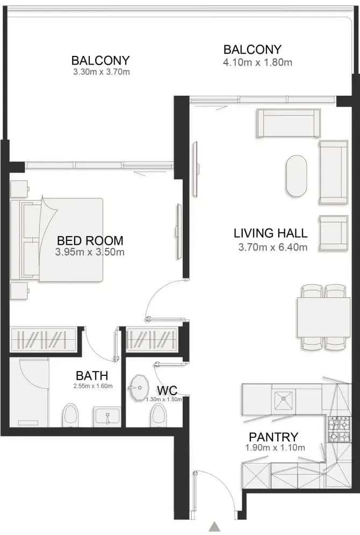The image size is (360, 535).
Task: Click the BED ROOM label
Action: pos(90,240)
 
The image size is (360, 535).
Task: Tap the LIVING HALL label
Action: pos(270,233)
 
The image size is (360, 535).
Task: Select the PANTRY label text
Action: pos(273,437)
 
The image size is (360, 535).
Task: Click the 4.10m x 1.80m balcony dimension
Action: pos(258,62)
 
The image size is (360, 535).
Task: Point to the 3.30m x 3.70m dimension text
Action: pos(101,72)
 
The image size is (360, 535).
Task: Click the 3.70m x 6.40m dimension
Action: pos(273,247)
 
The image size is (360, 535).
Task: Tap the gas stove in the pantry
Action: pos(340,430)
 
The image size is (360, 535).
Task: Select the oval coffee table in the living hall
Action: pos(297,176)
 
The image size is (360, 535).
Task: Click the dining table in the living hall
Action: pos(324,317)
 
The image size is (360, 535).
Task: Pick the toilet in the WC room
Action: pos(159,415)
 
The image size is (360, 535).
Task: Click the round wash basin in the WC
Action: pos(139,388)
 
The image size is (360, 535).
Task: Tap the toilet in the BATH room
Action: pos(70,415)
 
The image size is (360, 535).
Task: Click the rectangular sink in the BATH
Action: pos(107,417)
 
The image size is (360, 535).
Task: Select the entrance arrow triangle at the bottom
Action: pos(214,526)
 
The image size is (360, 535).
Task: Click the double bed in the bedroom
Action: pos(57,240)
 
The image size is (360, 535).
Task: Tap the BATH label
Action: pos(92,376)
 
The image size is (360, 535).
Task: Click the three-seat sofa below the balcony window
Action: pos(289,124)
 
